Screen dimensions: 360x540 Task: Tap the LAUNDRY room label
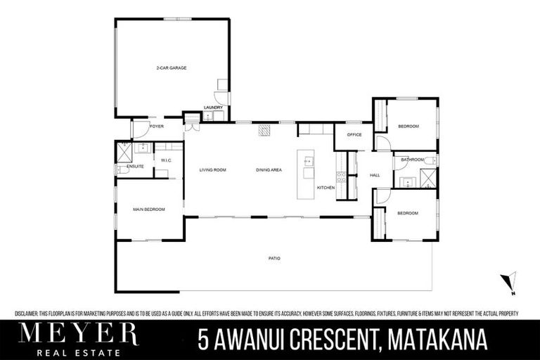212,108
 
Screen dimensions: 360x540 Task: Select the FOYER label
156,127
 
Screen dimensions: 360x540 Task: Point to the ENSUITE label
135,167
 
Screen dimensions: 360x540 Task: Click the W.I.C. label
167,160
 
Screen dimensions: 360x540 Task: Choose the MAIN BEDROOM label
149,209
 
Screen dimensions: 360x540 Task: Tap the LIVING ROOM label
212,170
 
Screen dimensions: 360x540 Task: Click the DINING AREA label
269,170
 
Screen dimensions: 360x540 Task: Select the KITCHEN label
325,188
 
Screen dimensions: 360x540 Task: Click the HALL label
375,175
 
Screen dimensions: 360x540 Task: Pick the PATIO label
274,259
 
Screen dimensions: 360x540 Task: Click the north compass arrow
509,282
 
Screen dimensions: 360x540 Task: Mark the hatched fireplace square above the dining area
264,130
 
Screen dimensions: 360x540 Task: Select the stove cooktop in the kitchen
341,177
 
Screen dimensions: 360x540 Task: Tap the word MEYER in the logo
78,332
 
